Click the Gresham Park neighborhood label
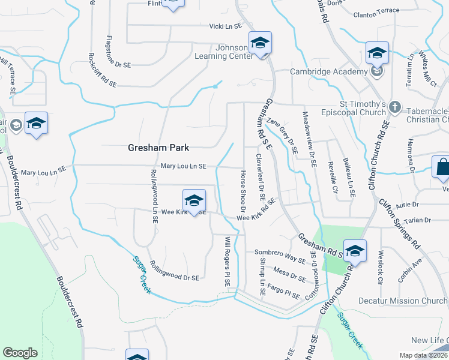coord(158,148)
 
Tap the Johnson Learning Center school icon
coord(260,43)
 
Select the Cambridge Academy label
coord(328,71)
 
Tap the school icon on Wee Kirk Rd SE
coord(194,200)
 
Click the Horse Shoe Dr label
coord(243,191)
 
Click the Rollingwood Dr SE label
coord(175,271)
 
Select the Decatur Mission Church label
coord(403,301)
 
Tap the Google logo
coord(20,353)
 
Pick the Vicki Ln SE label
coord(225,26)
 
